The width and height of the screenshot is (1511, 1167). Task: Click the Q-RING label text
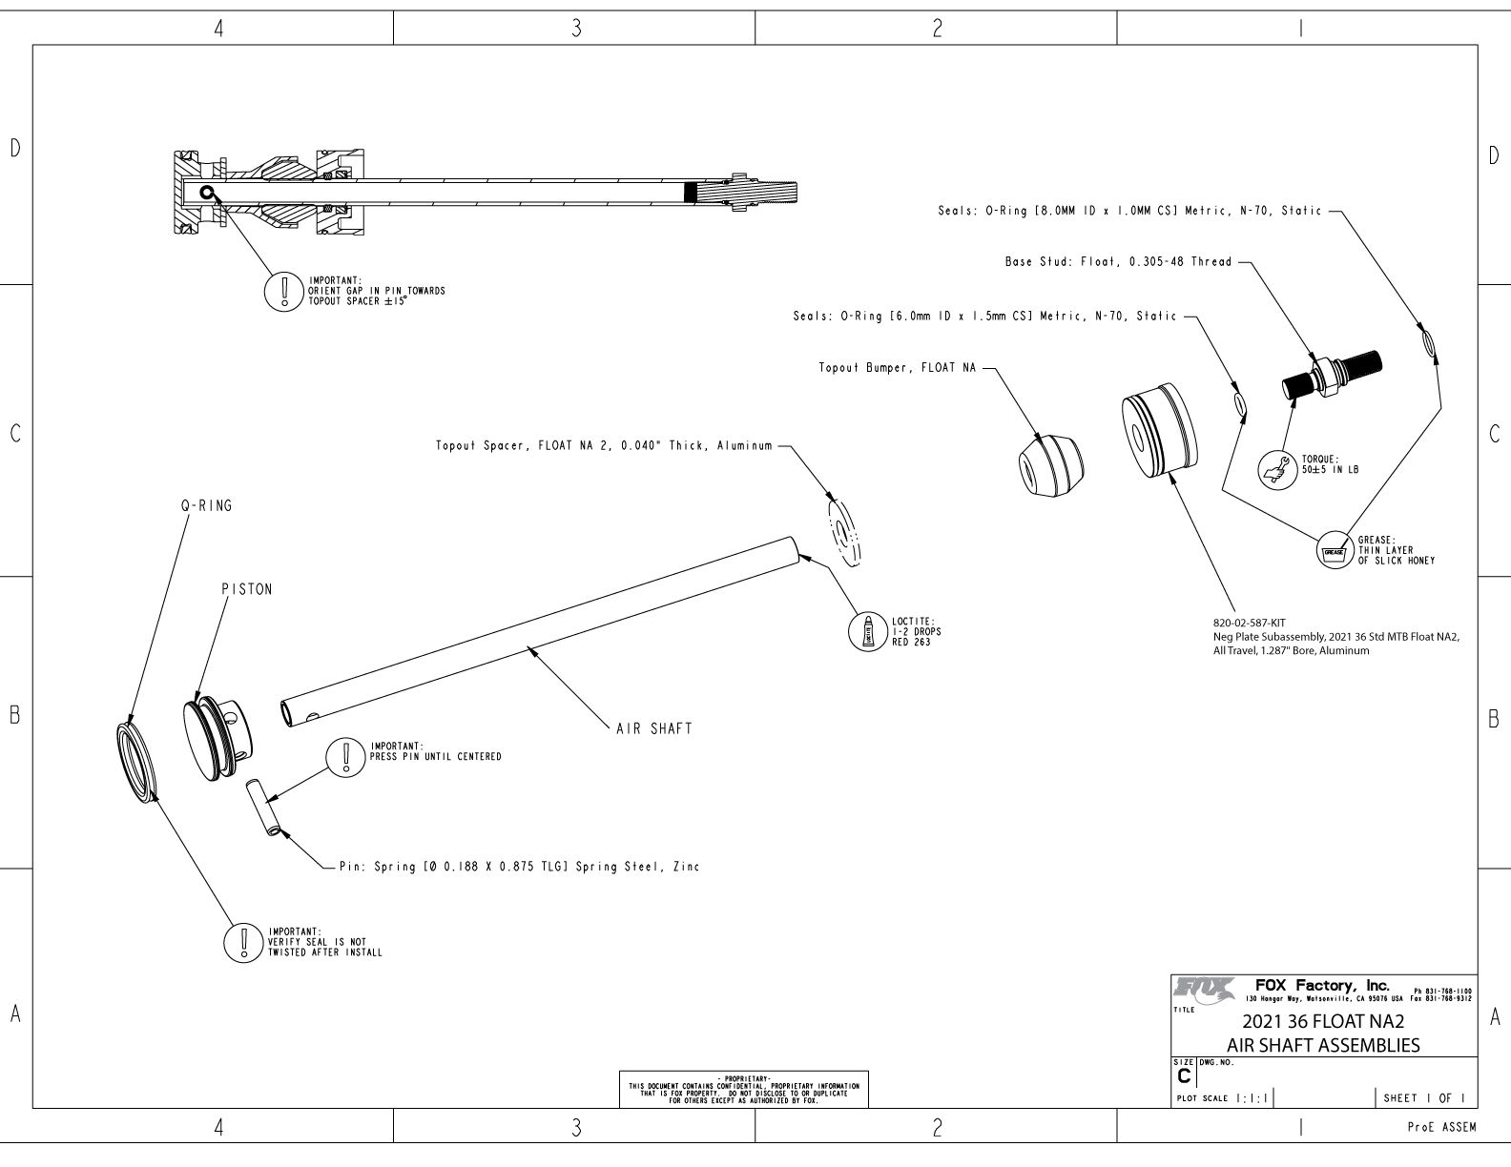pos(206,506)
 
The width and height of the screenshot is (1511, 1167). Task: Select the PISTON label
pos(247,589)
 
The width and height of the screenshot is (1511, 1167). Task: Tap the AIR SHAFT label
pos(654,728)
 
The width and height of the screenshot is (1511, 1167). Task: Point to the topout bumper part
pos(1050,465)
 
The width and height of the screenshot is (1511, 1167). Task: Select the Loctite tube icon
pos(867,632)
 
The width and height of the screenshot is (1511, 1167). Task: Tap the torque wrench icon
pos(1278,470)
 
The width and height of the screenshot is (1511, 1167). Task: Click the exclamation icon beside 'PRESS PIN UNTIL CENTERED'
pos(346,756)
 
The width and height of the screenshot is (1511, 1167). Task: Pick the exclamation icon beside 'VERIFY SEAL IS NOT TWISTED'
pos(243,943)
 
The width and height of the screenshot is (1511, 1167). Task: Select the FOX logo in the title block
pos(1204,988)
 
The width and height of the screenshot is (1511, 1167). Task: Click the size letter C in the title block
pos(1184,1076)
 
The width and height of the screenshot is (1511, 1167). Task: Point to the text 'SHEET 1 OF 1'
pos(1424,1098)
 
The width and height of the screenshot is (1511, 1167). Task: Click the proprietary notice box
pos(743,1089)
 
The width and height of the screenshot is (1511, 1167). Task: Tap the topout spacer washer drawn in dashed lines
pos(844,532)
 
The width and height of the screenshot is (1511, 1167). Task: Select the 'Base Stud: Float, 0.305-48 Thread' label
pos(1118,262)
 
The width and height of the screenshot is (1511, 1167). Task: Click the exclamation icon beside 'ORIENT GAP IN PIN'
pos(283,292)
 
